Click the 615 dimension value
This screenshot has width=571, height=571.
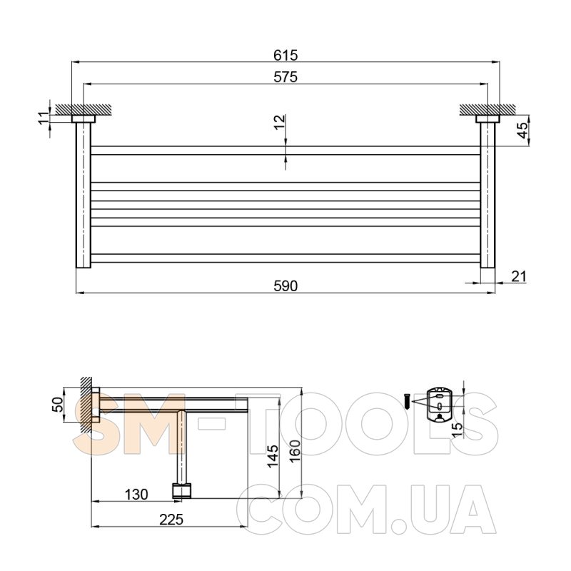(285, 56)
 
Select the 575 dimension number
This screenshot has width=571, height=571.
(285, 77)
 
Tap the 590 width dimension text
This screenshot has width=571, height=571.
(285, 286)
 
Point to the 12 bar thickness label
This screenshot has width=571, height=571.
(280, 122)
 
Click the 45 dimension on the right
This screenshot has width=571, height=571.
(522, 131)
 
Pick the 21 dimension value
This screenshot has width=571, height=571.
(519, 277)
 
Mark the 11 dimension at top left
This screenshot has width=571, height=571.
(44, 118)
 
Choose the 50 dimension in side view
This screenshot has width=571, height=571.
(59, 405)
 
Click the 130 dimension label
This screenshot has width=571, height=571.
(136, 495)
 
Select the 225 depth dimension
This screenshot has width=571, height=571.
(171, 520)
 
